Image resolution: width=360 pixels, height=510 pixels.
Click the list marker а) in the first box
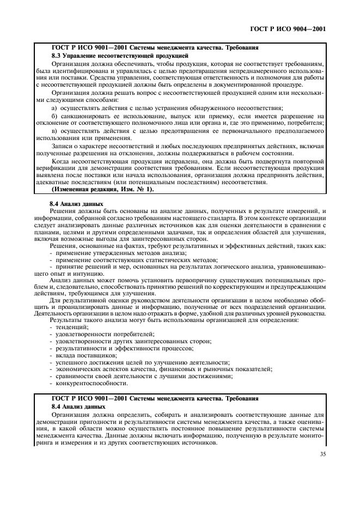(x=54, y=108)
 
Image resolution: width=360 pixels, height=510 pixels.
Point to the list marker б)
(x=54, y=117)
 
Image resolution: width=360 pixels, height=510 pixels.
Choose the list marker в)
(x=54, y=132)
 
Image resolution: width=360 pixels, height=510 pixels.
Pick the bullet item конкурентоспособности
(x=88, y=382)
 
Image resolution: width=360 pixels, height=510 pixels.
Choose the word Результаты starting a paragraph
(x=66, y=319)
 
